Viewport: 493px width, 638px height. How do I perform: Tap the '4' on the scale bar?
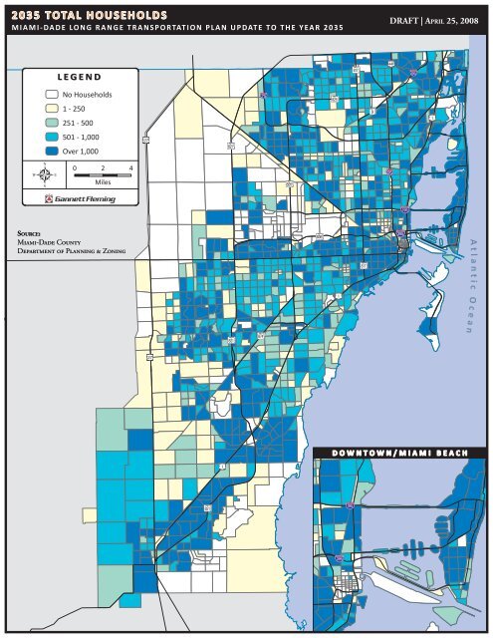click(x=130, y=169)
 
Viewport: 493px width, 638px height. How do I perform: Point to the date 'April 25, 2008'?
click(x=457, y=19)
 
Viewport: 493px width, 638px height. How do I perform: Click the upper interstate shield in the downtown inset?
click(x=351, y=505)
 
